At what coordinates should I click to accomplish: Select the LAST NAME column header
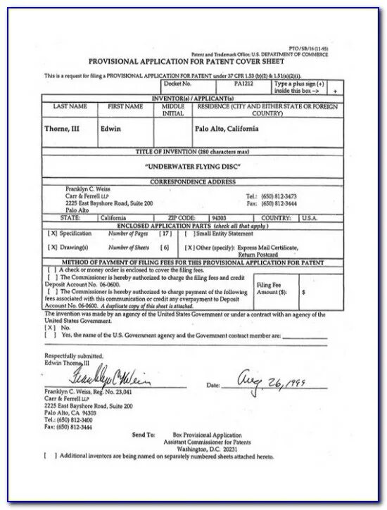(x=70, y=106)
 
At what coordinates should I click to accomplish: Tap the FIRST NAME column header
(x=125, y=106)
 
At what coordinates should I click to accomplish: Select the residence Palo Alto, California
(x=226, y=129)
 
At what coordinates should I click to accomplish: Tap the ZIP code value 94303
(x=223, y=218)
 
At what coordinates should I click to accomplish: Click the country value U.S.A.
(x=310, y=218)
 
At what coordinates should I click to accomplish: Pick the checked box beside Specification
(x=52, y=232)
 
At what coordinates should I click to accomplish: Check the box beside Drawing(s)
(x=52, y=248)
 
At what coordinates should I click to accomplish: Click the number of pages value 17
(x=165, y=232)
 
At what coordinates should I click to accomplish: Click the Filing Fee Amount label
(x=272, y=287)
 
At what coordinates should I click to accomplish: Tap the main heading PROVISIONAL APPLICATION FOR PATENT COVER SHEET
(x=191, y=62)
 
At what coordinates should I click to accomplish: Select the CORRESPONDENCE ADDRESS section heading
(x=191, y=181)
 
